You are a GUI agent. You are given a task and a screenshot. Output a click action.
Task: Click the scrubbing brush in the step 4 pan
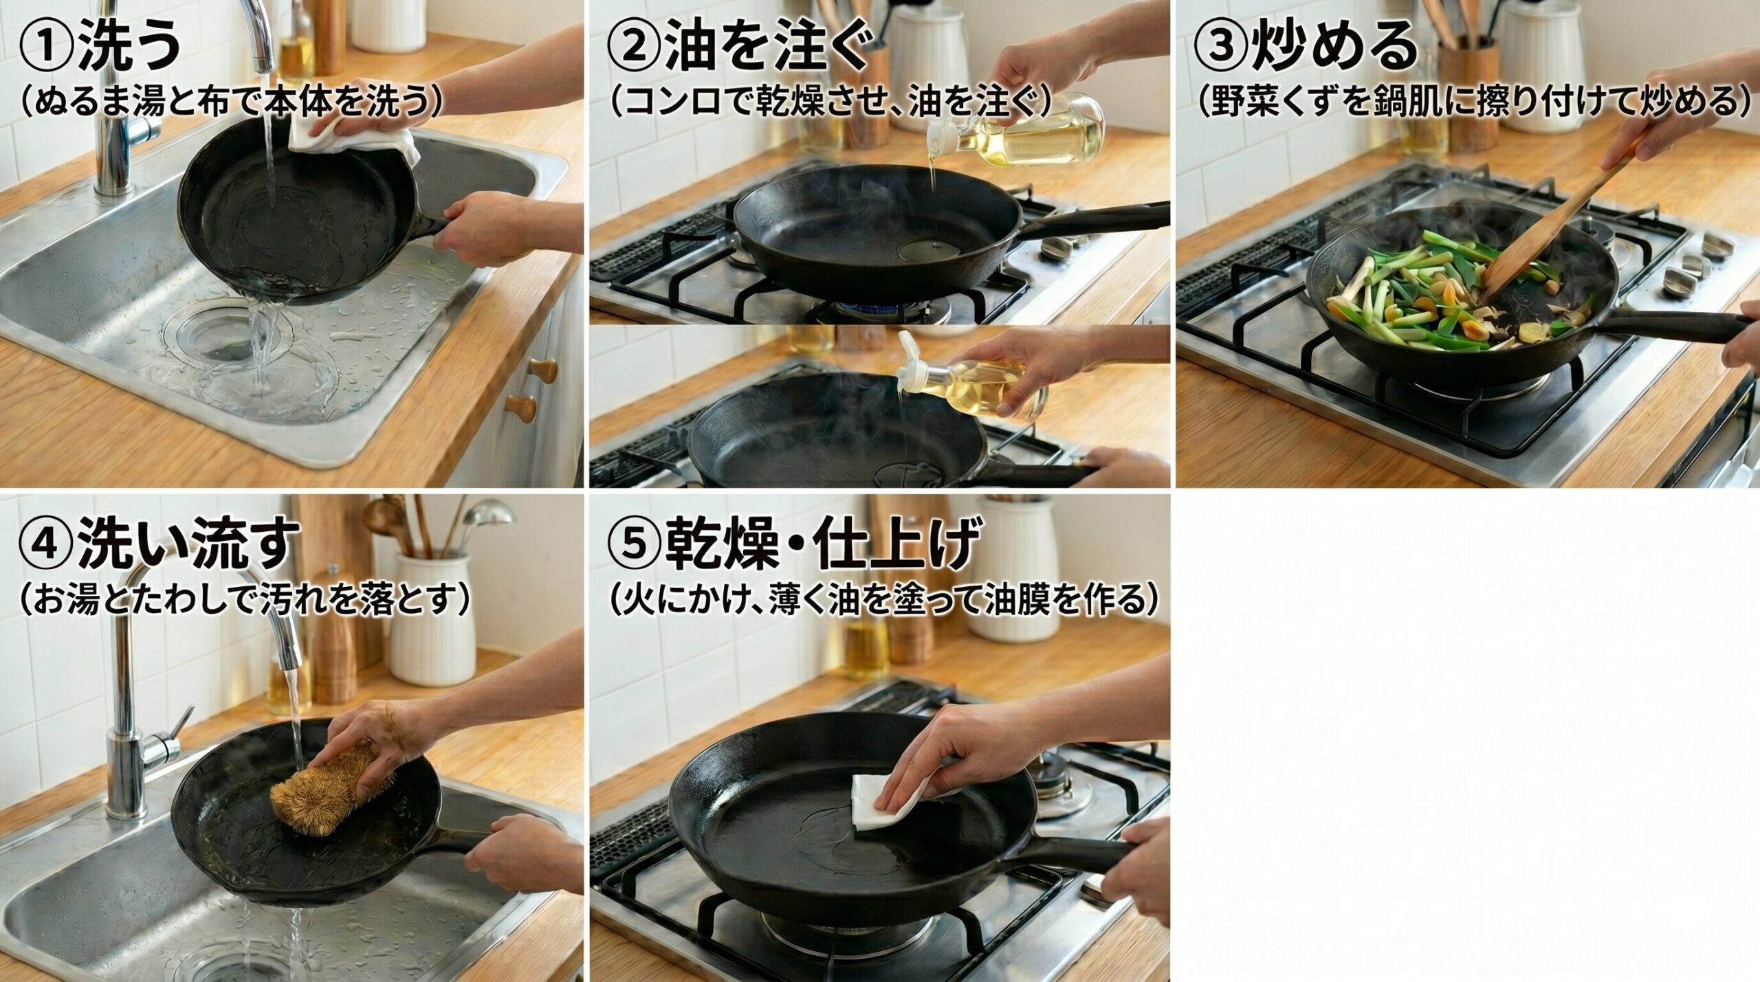point(323,797)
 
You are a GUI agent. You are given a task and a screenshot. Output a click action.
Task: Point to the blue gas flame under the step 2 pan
point(887,306)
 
